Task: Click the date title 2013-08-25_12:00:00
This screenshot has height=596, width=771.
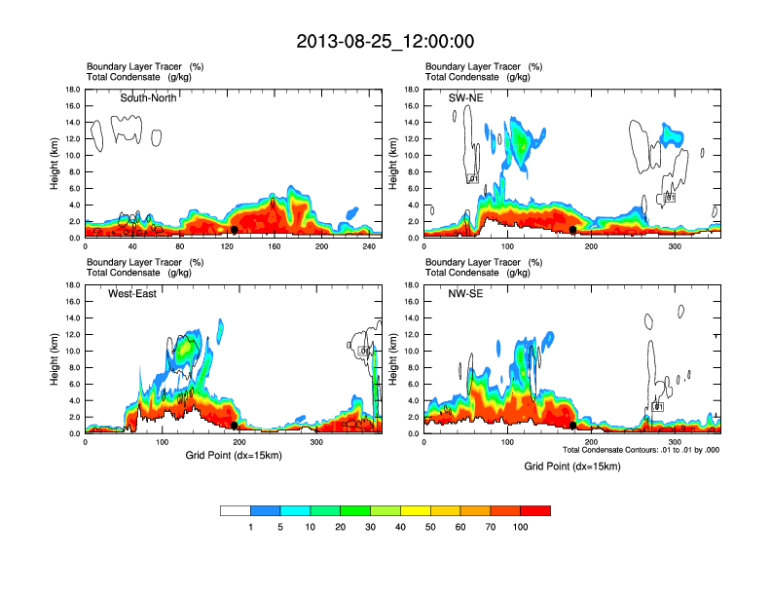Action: click(385, 41)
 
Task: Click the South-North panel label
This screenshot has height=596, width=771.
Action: click(148, 97)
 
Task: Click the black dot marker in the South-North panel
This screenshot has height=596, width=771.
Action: click(235, 230)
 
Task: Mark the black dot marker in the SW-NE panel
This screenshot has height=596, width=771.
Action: click(574, 230)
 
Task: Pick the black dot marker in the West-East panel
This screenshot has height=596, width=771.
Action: click(235, 426)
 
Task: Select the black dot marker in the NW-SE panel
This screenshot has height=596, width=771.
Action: click(572, 426)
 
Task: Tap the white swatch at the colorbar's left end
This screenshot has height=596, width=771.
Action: click(236, 510)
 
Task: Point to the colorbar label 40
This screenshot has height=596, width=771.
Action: click(400, 527)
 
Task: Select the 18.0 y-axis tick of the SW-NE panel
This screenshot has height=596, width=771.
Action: click(413, 90)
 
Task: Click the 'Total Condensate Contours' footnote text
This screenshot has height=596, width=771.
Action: click(641, 450)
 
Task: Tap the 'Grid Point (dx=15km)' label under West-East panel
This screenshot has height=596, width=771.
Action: click(234, 455)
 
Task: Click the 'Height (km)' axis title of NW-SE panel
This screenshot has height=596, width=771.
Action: click(393, 358)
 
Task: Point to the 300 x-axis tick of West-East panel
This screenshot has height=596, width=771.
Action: click(316, 443)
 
